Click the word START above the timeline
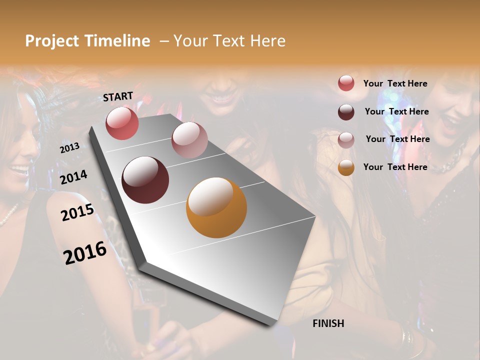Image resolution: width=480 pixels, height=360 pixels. (x=118, y=96)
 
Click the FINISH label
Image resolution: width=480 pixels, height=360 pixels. (x=328, y=323)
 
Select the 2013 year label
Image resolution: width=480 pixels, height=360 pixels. (x=69, y=148)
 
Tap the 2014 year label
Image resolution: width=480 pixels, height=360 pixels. (x=73, y=177)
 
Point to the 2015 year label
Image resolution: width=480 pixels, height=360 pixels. (x=77, y=212)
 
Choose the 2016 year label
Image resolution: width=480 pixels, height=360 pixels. (x=85, y=253)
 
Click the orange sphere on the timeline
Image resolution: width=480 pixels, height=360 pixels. (x=216, y=207)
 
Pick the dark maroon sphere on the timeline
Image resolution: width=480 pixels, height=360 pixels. (x=145, y=180)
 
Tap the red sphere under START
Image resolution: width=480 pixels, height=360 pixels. (x=122, y=123)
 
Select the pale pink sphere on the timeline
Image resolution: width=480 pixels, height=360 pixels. (x=189, y=140)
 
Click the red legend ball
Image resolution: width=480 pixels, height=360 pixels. (x=346, y=83)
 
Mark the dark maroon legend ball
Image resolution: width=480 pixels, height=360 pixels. (x=346, y=112)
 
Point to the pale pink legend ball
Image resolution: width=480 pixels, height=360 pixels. (x=346, y=139)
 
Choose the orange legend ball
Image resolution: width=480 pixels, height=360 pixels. (x=346, y=167)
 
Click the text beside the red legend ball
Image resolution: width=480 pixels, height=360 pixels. (x=395, y=83)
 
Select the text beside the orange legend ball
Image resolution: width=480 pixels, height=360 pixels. (x=395, y=167)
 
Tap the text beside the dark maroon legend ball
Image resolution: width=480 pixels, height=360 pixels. (x=396, y=111)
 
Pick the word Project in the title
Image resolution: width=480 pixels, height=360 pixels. (x=52, y=41)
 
